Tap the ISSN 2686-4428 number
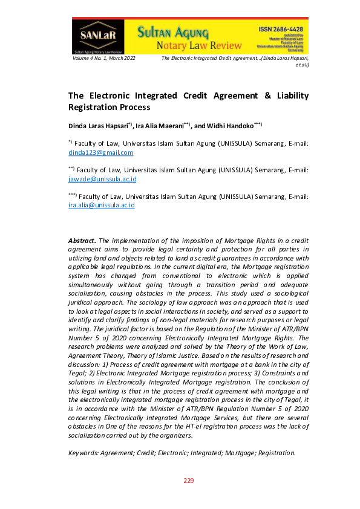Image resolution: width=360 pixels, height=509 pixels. (281, 29)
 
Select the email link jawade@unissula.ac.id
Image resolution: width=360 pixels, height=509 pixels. (102, 179)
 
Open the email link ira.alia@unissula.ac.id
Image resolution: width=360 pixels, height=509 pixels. (101, 206)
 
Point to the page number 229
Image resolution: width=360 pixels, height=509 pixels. (189, 481)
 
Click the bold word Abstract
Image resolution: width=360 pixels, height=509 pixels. (82, 241)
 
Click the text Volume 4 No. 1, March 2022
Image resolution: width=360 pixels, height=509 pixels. (103, 57)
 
